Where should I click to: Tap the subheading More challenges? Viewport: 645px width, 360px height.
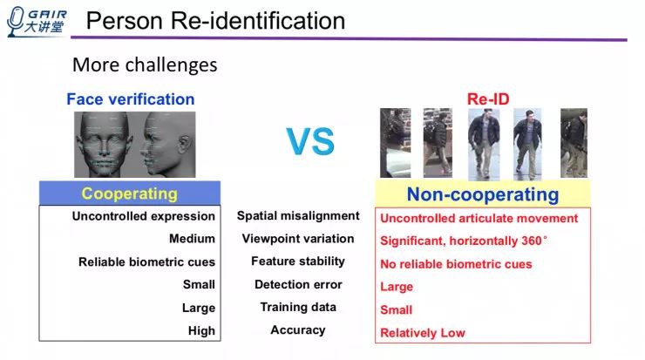(x=145, y=65)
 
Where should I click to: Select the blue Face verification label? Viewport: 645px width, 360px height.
(x=131, y=98)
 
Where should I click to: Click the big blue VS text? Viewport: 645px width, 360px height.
(x=310, y=141)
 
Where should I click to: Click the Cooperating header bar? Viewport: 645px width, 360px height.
(x=129, y=194)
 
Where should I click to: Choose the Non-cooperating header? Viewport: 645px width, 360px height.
(x=482, y=194)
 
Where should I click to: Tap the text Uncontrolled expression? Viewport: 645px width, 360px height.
(x=144, y=216)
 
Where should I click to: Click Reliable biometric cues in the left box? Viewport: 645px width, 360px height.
(x=146, y=262)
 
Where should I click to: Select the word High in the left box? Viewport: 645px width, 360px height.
(x=201, y=331)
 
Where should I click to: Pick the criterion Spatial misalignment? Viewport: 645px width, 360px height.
(x=298, y=215)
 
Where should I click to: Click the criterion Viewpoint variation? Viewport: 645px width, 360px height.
(x=298, y=238)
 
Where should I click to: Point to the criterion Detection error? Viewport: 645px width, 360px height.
(x=298, y=284)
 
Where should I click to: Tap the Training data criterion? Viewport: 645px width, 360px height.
(x=298, y=307)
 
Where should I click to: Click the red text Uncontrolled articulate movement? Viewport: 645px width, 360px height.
(x=479, y=218)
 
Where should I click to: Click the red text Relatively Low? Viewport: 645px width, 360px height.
(x=423, y=332)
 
